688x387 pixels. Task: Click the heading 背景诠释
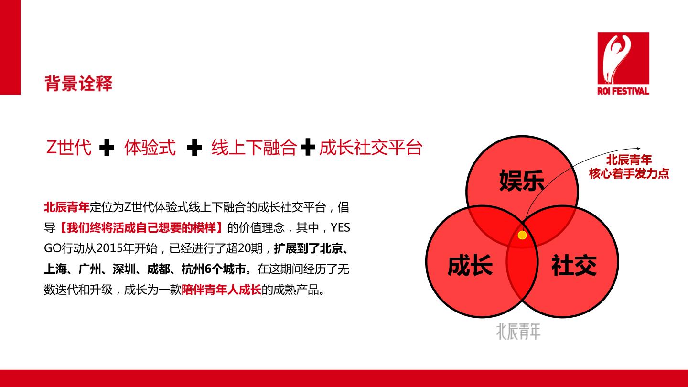(79, 83)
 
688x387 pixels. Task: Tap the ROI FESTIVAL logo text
(623, 91)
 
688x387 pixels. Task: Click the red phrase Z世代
(69, 148)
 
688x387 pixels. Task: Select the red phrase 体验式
(150, 148)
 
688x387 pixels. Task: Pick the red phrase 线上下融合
(254, 148)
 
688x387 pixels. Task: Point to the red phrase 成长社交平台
(371, 148)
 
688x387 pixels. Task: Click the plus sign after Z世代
(107, 148)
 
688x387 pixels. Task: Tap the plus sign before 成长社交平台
(308, 147)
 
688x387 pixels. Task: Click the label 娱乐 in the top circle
(522, 181)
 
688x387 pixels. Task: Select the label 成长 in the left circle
(470, 265)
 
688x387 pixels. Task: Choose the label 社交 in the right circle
(574, 265)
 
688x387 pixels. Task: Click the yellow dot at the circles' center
(522, 235)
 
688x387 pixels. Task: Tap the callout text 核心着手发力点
(629, 174)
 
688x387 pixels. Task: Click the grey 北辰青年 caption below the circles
(518, 332)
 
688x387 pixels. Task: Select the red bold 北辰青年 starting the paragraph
(67, 207)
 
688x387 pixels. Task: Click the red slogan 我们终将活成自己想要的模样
(141, 228)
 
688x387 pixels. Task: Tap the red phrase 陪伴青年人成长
(222, 290)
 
